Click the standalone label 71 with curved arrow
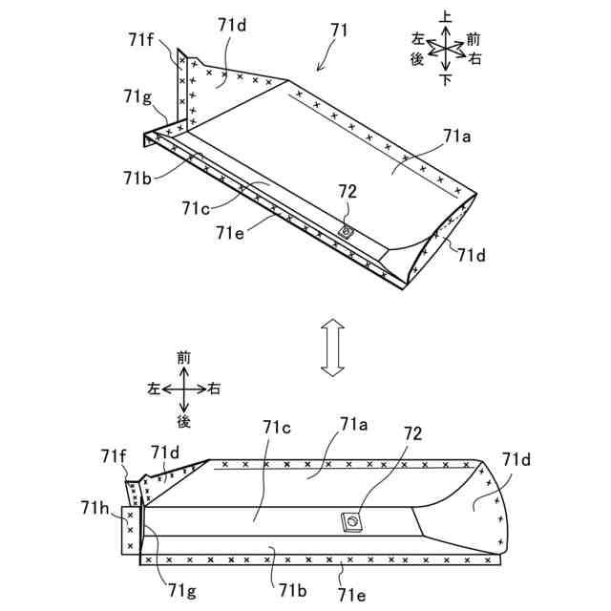tap(340, 31)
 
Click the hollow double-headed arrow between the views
tap(331, 348)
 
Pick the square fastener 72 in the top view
tap(352, 522)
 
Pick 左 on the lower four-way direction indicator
tap(153, 389)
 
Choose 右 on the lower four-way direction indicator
tap(215, 389)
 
